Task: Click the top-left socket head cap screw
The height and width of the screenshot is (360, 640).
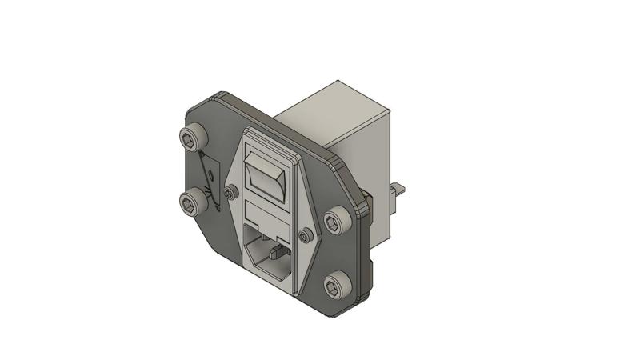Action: (x=191, y=140)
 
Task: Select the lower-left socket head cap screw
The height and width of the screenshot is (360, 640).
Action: (x=192, y=202)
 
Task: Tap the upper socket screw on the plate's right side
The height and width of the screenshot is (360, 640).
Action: (x=334, y=222)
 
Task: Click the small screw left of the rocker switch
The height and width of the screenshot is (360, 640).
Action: (x=231, y=193)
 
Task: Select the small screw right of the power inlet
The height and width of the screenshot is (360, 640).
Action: (x=304, y=236)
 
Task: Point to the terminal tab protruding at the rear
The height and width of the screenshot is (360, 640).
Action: (x=398, y=190)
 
